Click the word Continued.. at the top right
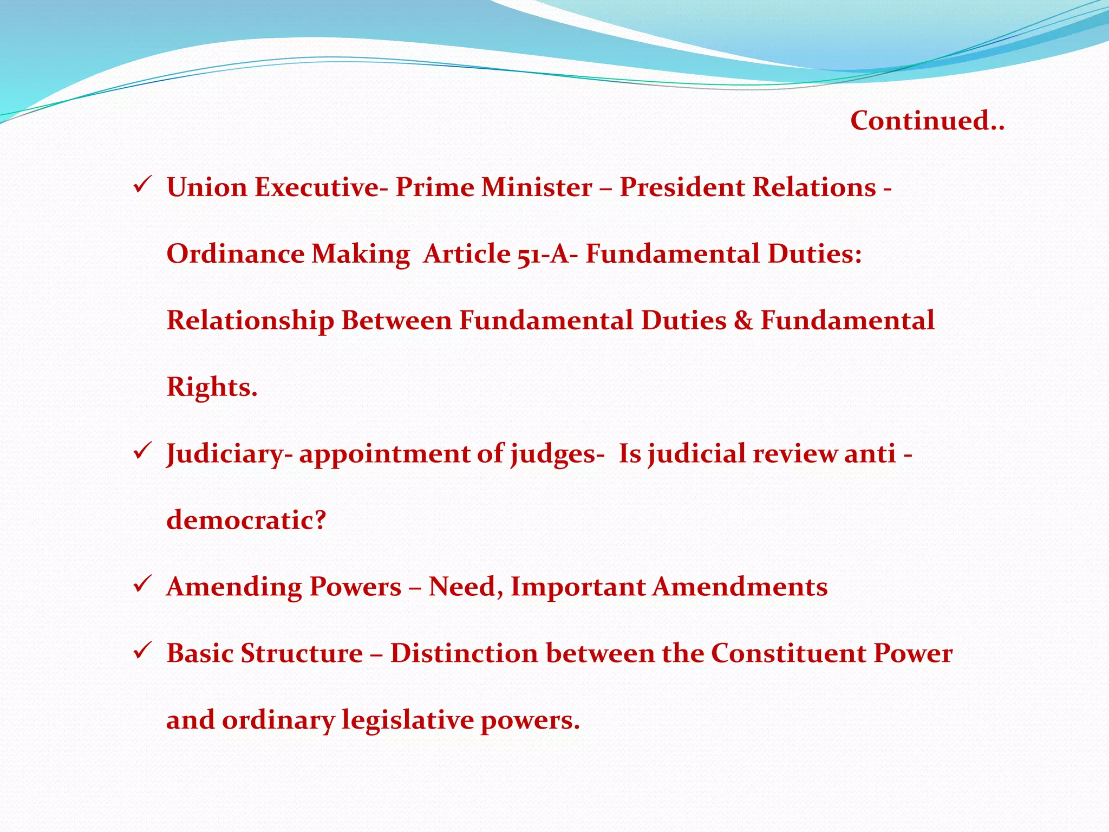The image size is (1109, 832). coord(927,120)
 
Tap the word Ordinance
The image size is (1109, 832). coord(235,254)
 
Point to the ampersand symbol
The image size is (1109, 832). coord(743,321)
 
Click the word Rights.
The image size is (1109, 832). coord(211,387)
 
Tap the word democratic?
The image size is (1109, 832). coord(246,521)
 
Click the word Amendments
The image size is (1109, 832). coord(740,587)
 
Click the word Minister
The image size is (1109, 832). coord(537,187)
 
